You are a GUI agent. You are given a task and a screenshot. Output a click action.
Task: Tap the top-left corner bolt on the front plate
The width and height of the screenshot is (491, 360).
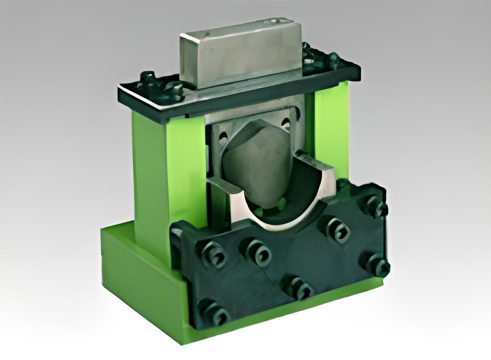coord(217,254)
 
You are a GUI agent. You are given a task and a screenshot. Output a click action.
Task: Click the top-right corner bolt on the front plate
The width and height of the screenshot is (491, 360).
coord(375,207)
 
